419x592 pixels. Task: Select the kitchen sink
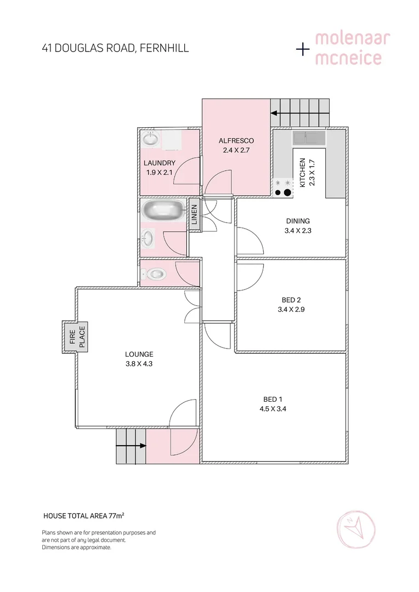point(308,138)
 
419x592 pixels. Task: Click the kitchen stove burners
point(283,189)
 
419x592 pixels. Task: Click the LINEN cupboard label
point(194,215)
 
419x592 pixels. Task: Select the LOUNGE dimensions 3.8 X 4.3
point(139,363)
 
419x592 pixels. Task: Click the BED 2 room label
point(291,300)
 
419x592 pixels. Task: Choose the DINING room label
point(298,221)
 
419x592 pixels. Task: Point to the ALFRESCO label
point(236,140)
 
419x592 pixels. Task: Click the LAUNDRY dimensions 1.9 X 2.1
point(160,172)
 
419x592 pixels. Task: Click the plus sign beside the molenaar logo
point(302,49)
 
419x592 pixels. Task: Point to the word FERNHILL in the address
point(165,48)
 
